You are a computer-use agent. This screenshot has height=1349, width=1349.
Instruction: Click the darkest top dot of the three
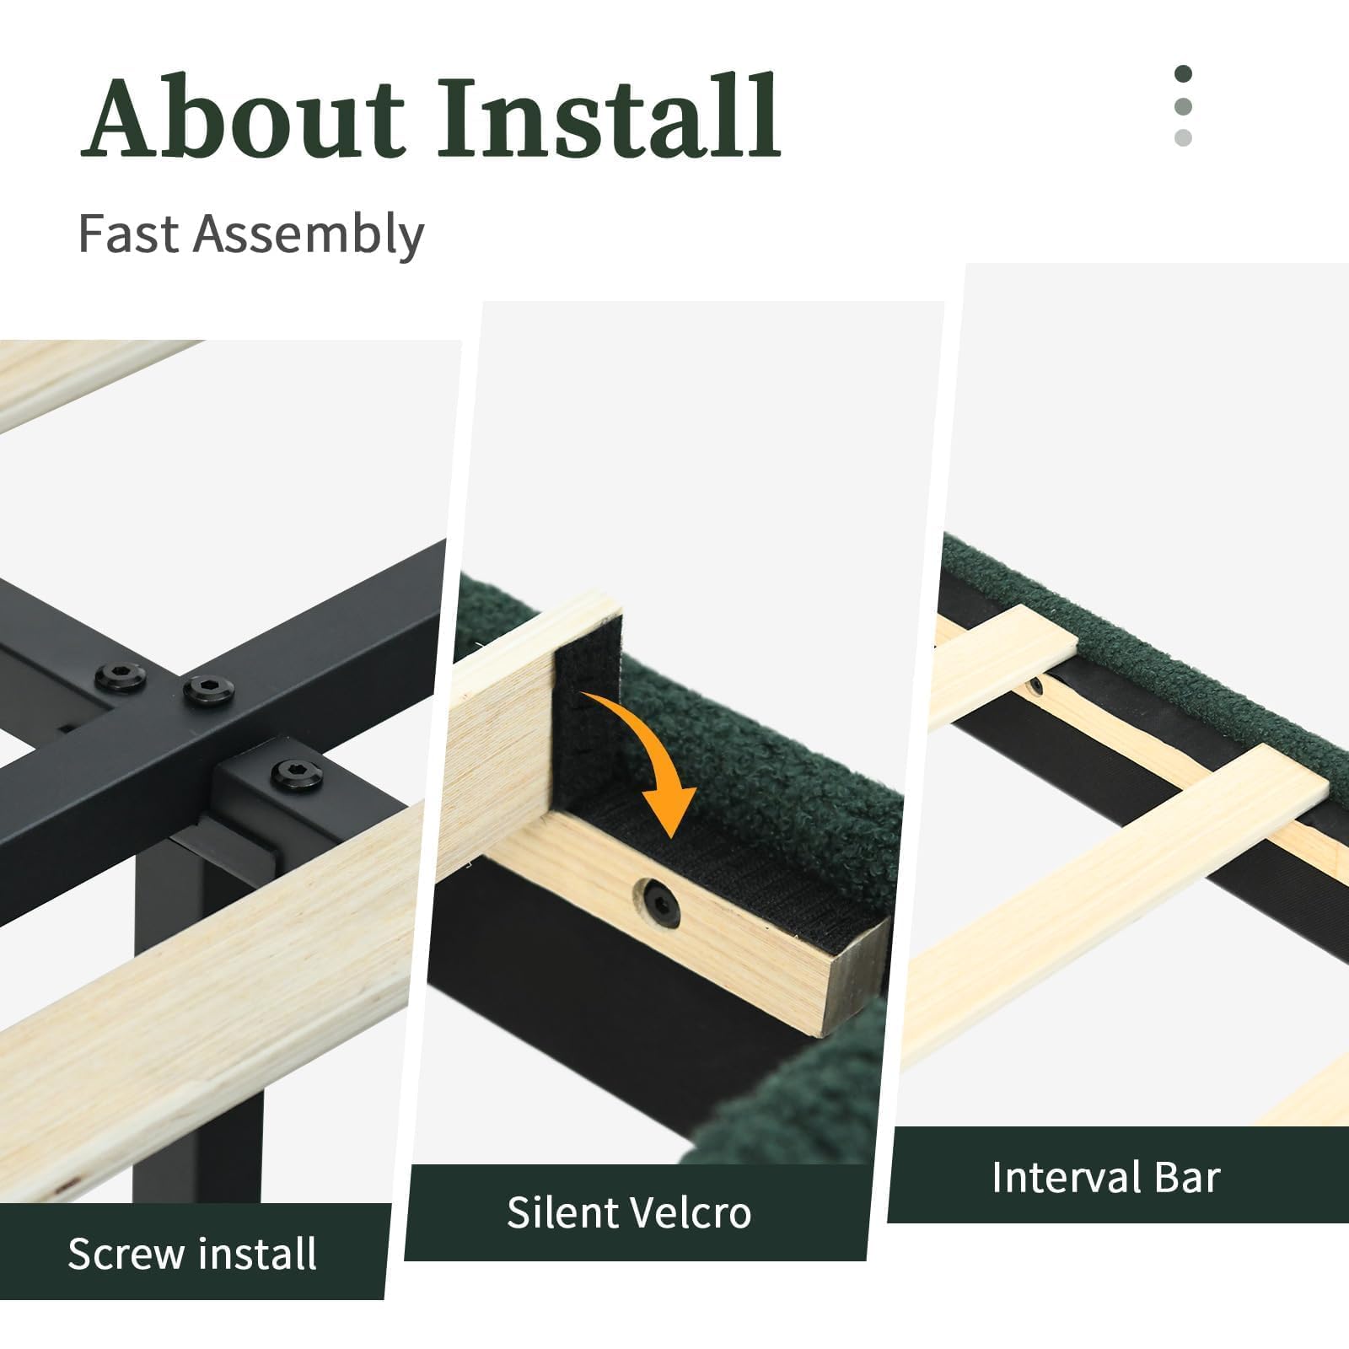click(x=1183, y=74)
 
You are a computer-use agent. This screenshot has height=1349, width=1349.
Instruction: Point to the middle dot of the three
click(x=1183, y=106)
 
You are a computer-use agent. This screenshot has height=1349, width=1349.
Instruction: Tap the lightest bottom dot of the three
click(x=1183, y=137)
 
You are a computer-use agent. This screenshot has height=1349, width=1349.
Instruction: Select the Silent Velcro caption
click(x=629, y=1212)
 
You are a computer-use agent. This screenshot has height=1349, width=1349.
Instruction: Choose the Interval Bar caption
click(x=1105, y=1177)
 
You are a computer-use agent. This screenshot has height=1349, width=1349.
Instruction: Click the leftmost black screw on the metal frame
click(x=121, y=676)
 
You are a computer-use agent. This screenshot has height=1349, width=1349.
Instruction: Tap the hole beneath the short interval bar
click(x=1036, y=685)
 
